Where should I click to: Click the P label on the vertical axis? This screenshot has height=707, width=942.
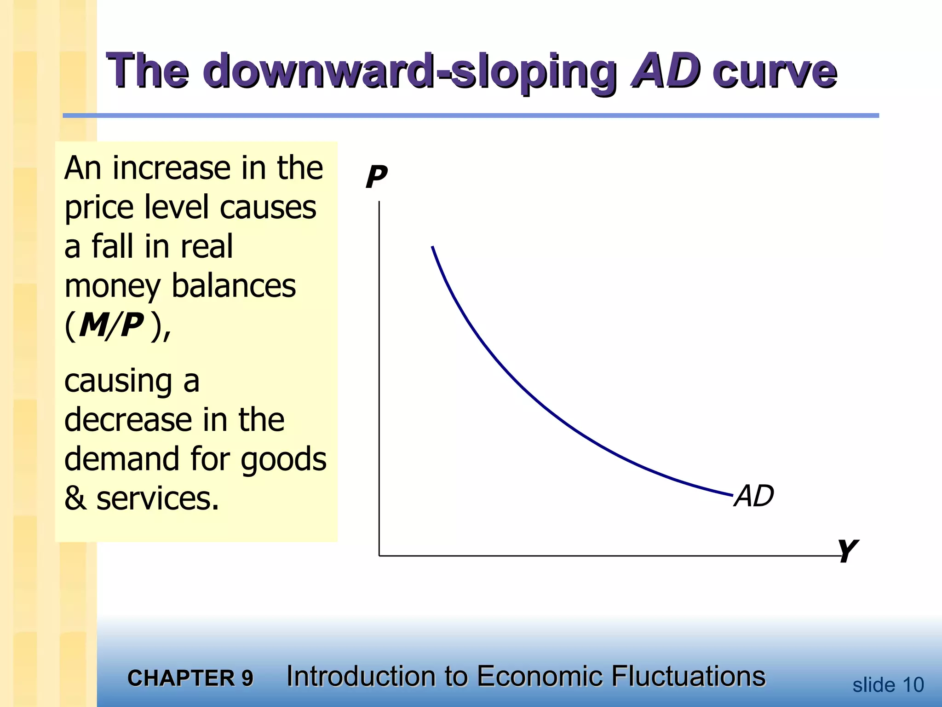(x=376, y=177)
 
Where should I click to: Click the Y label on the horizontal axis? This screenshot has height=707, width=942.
(x=847, y=551)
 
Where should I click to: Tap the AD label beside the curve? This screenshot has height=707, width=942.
(x=754, y=496)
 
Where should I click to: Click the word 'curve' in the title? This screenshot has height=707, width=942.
(x=775, y=72)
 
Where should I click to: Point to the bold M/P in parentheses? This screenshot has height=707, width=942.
(x=111, y=325)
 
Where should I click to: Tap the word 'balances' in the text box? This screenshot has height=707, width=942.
(x=234, y=286)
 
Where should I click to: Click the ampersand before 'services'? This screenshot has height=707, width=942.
(x=75, y=498)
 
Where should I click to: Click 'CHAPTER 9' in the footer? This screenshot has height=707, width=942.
(x=190, y=678)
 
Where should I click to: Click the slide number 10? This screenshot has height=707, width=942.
(x=913, y=685)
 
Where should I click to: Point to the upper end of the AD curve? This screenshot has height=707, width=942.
(x=432, y=247)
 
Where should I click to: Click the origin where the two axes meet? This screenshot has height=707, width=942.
(x=379, y=556)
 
